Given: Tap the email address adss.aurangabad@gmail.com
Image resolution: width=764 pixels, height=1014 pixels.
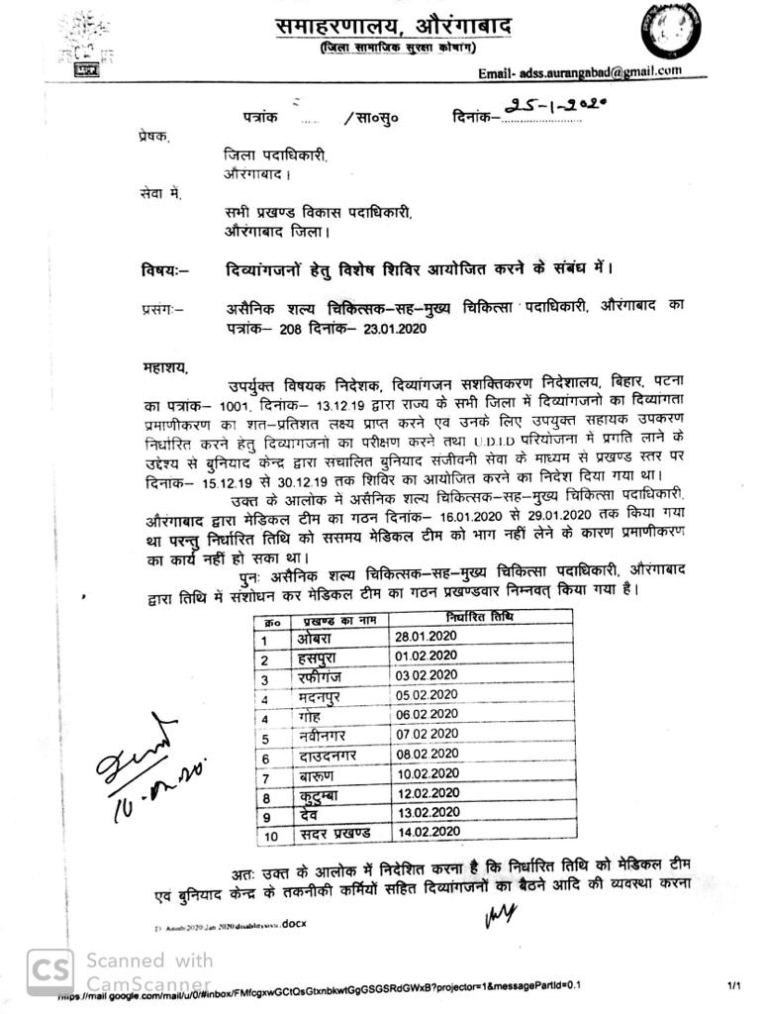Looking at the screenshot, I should [580, 72].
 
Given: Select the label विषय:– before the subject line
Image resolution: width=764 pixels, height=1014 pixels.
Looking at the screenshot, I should [166, 268].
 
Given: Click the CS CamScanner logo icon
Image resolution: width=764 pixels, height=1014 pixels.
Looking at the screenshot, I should [49, 972].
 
